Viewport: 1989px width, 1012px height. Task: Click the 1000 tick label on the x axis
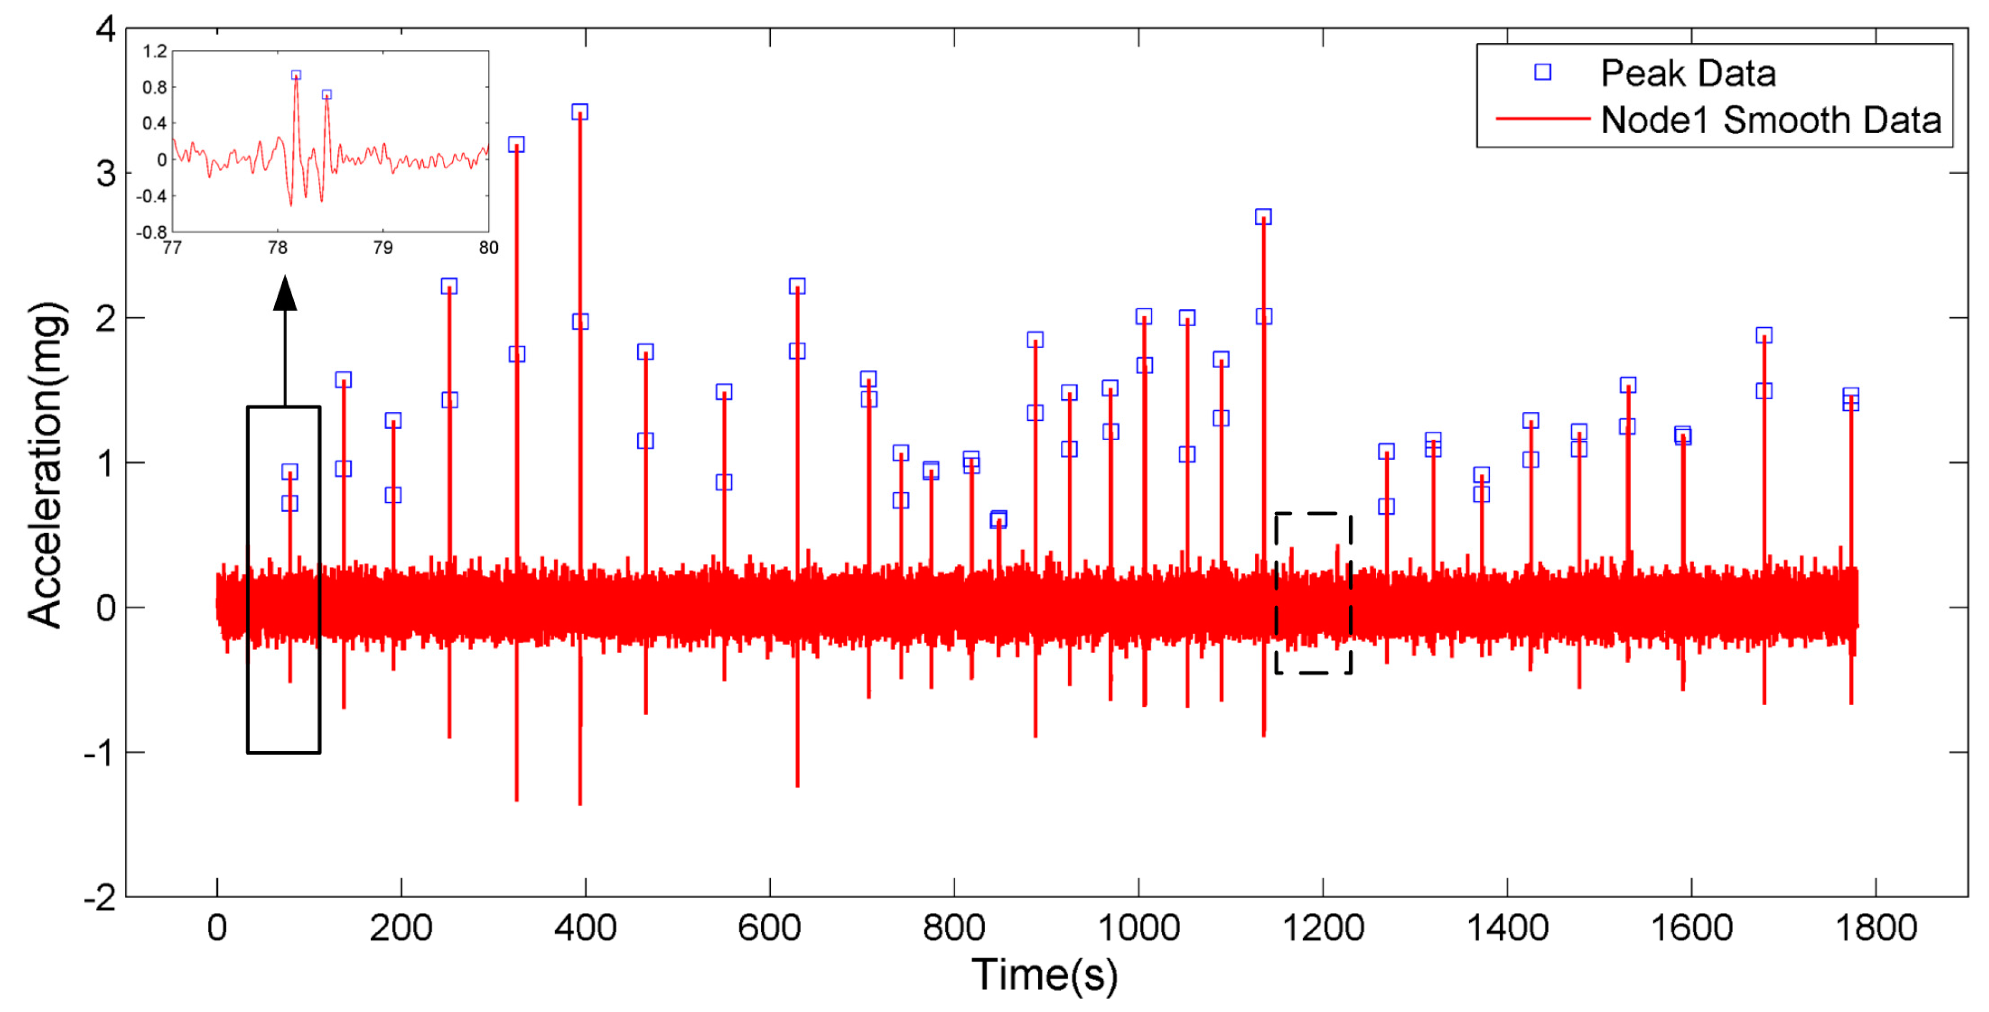[1138, 928]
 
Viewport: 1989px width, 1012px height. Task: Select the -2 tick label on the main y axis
[100, 898]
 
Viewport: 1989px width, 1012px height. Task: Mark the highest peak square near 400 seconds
[580, 112]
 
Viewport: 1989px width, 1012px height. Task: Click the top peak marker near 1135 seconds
[1263, 217]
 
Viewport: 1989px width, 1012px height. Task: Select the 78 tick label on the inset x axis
[277, 248]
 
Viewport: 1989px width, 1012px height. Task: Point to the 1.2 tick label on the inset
[155, 52]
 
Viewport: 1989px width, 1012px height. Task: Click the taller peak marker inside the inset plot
[295, 75]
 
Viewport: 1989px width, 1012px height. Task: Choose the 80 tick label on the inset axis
[488, 248]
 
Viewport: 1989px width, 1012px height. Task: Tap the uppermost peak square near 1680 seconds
[1763, 335]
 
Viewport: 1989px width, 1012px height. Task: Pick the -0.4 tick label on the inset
[151, 196]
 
